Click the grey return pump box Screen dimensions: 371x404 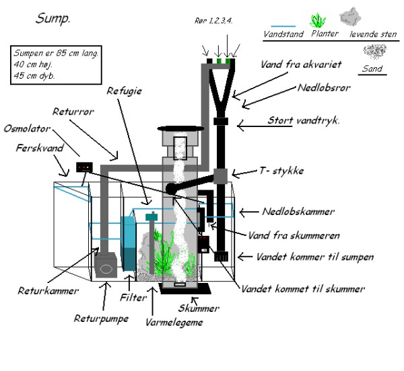point(107,266)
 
